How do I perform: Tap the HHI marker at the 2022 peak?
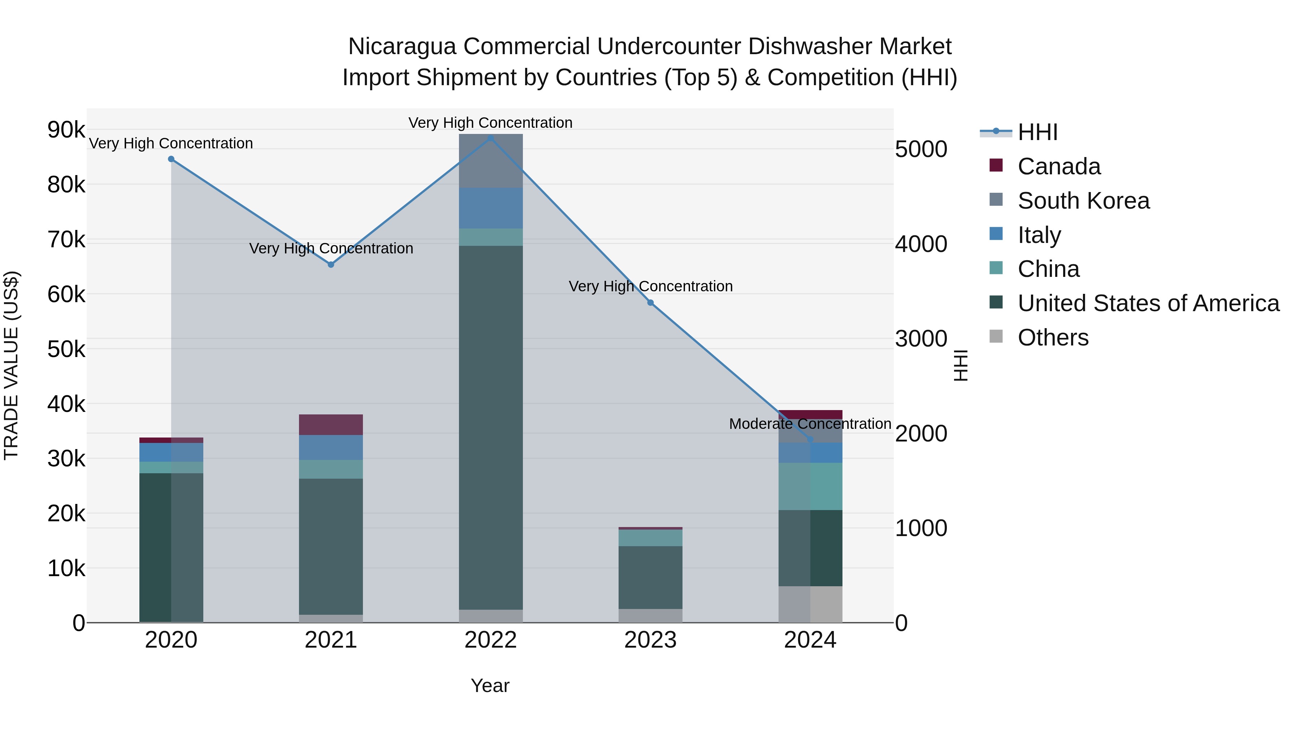click(x=490, y=138)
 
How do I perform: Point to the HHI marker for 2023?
click(x=650, y=303)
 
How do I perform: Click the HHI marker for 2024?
click(x=810, y=439)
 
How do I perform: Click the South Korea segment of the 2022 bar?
click(x=490, y=161)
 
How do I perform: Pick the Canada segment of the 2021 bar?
click(x=331, y=425)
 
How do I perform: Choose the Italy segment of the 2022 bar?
click(x=490, y=208)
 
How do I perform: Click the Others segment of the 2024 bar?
click(x=810, y=604)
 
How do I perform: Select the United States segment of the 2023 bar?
click(x=650, y=577)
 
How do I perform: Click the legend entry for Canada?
click(x=1059, y=166)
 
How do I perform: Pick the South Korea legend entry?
click(x=1083, y=201)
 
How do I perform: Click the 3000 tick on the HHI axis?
click(x=921, y=339)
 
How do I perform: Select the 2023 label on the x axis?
click(x=650, y=640)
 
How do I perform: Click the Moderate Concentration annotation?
click(x=810, y=424)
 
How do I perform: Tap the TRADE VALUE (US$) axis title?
click(x=12, y=365)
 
